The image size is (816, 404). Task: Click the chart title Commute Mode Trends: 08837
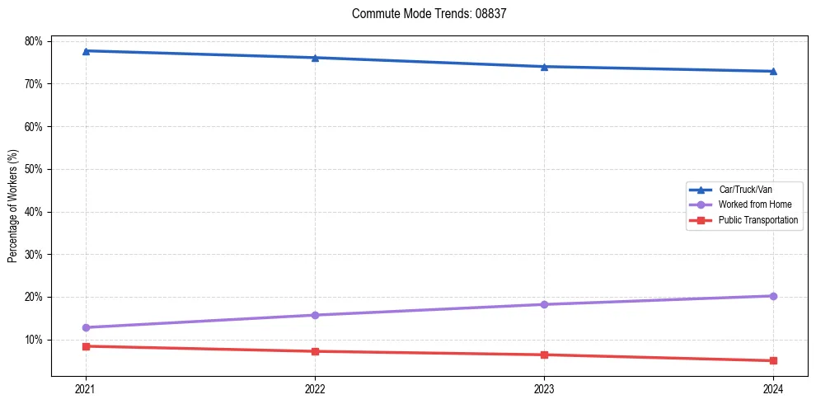point(423,14)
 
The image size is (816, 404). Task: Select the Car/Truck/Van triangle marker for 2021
point(86,51)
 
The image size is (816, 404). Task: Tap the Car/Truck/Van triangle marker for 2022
point(315,58)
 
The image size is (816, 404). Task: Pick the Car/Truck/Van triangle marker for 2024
point(773,72)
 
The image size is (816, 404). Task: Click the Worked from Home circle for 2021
point(86,327)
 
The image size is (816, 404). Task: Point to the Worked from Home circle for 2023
point(544,304)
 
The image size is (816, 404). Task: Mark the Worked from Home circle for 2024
point(773,296)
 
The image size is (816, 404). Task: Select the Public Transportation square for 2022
point(315,351)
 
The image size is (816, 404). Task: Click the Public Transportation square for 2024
point(773,360)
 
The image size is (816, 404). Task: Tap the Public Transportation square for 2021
point(86,346)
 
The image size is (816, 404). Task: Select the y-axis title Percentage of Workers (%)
point(13,206)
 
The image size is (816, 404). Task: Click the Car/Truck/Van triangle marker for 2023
point(544,67)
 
